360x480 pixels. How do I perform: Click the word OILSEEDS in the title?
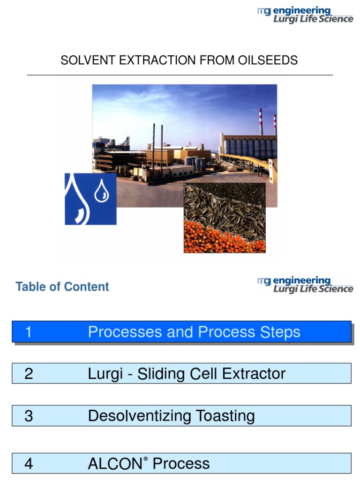point(269,60)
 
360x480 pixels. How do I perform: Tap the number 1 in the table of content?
point(29,332)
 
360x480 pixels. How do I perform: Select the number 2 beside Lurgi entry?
point(29,374)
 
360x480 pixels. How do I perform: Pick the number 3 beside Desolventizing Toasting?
point(29,416)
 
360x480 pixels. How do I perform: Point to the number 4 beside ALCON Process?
point(29,464)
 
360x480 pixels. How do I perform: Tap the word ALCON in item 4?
point(114,464)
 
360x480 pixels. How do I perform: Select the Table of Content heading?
point(62,287)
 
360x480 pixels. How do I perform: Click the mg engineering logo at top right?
point(305,15)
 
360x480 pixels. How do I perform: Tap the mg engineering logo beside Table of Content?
point(305,285)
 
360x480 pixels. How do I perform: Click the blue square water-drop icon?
point(90,199)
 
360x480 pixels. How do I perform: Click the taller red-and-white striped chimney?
point(261,122)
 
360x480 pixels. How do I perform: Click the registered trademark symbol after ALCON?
point(146,459)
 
